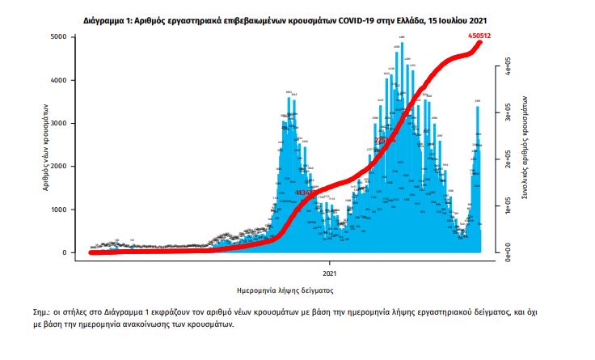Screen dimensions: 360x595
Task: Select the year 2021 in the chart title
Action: point(477,16)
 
